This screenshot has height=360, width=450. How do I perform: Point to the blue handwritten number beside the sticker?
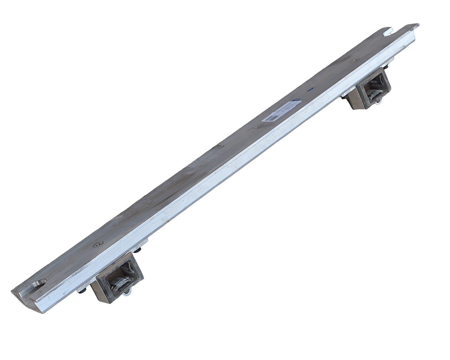(x=297, y=99)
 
